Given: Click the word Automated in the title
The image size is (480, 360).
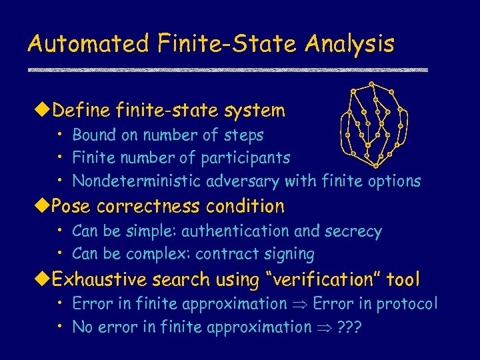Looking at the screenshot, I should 89,44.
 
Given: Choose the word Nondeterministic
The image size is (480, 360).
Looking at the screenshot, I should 137,181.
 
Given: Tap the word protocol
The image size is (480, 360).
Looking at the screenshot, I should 406,304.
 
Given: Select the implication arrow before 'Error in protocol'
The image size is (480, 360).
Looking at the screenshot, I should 299,305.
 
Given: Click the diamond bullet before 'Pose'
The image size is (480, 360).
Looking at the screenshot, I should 45,206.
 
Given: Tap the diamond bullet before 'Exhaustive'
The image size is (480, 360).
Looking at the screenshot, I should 45,279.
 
